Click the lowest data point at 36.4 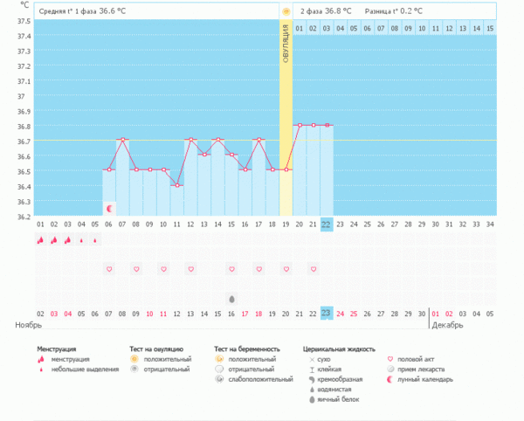pos(176,185)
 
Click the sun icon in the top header pos(286,11)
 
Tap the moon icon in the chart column pos(109,209)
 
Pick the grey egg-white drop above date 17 pos(231,298)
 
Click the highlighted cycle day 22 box pos(326,224)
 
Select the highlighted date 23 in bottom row pos(326,313)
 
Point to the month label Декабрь pos(450,325)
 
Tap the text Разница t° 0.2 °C pos(394,11)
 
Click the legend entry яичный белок pos(337,400)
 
